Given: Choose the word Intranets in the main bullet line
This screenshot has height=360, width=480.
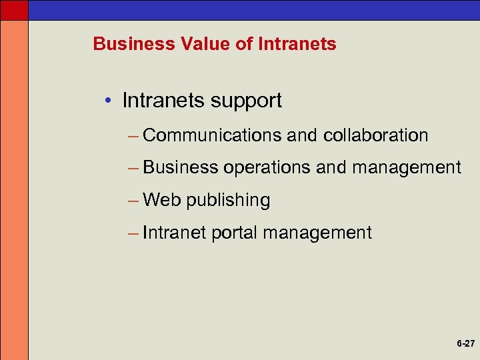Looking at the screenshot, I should click(x=162, y=101).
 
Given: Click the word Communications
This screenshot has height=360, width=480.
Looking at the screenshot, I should click(x=212, y=135).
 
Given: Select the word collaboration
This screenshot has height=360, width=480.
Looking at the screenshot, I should click(x=375, y=135).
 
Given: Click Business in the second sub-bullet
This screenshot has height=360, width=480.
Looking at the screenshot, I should click(x=180, y=167).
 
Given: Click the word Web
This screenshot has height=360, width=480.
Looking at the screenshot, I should click(x=162, y=200).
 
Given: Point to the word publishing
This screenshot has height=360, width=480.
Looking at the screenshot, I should click(x=228, y=201).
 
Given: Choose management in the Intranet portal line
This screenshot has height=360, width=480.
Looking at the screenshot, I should click(x=317, y=233).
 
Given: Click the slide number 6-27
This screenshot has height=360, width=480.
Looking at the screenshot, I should click(x=465, y=344).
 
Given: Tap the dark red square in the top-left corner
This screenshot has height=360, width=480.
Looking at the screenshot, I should click(x=14, y=9).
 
